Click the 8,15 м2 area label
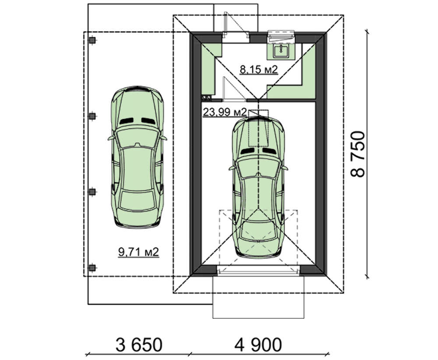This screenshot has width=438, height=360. [x=259, y=69]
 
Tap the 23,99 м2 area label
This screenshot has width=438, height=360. [x=225, y=112]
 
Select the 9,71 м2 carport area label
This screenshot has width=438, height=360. [x=138, y=252]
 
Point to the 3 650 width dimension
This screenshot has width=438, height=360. [x=139, y=345]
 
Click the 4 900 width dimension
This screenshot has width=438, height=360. [x=258, y=345]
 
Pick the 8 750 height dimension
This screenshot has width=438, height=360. [x=358, y=154]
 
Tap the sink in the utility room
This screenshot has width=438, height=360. [x=280, y=51]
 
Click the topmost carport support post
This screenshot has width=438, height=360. [x=92, y=40]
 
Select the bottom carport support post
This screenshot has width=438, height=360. [x=92, y=268]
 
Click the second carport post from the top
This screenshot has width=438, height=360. [x=92, y=116]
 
